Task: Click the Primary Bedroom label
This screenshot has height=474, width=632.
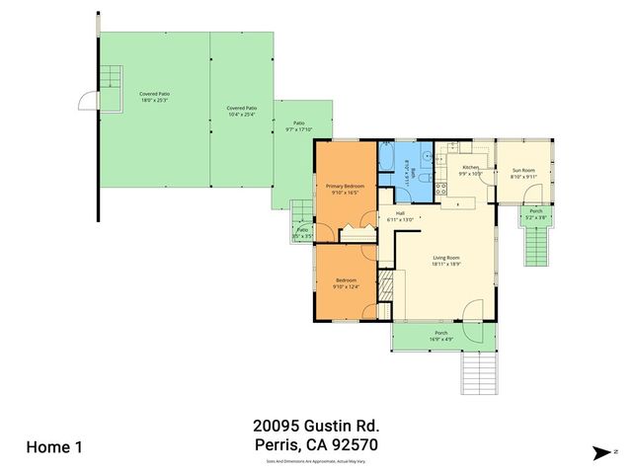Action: (x=346, y=189)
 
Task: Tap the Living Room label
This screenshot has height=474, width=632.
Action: (x=446, y=262)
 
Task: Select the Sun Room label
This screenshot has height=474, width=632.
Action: (x=522, y=174)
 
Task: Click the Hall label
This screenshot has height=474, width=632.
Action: (x=400, y=215)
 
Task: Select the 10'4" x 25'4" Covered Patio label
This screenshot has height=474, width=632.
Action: (x=242, y=111)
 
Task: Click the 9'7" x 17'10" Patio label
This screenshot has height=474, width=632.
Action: (x=298, y=126)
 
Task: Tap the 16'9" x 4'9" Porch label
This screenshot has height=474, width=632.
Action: (x=441, y=336)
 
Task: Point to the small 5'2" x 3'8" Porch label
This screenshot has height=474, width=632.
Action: (x=535, y=214)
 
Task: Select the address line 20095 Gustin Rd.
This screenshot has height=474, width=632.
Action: (x=316, y=426)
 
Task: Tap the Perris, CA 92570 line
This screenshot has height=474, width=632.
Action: (x=316, y=445)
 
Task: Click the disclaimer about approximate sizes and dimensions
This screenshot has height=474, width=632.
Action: (x=316, y=461)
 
